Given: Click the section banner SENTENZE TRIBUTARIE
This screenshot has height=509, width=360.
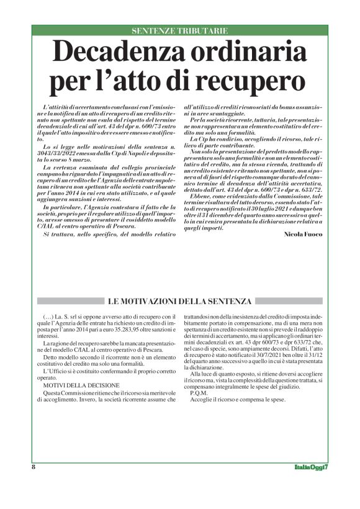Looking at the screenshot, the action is coord(179,30).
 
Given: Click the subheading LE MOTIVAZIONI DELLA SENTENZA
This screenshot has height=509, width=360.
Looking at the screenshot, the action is coord(179,302).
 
